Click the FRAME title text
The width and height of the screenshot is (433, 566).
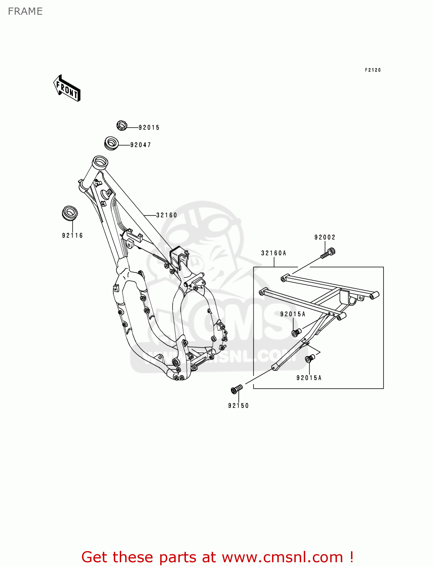[x=25, y=11]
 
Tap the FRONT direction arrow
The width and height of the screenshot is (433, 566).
[x=67, y=88]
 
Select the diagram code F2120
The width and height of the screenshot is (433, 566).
[x=373, y=70]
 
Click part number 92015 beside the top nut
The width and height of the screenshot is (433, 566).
[x=149, y=128]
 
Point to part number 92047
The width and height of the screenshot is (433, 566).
[x=141, y=145]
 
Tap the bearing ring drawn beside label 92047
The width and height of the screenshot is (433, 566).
[x=111, y=143]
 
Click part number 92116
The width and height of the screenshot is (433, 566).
[x=72, y=235]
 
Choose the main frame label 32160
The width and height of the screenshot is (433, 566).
[x=167, y=215]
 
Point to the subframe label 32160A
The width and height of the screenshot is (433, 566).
[x=274, y=253]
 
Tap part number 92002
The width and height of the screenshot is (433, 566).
[x=325, y=237]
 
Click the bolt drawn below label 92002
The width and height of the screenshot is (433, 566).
[x=328, y=253]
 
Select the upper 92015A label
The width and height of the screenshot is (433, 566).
[x=293, y=314]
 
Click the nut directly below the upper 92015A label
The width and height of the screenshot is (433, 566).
[x=296, y=332]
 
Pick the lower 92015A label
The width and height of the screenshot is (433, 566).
[x=309, y=378]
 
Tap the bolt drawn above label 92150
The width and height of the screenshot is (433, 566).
[x=237, y=389]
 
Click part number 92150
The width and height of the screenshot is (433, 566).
[x=238, y=406]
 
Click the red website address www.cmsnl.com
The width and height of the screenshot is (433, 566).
[x=282, y=557]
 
